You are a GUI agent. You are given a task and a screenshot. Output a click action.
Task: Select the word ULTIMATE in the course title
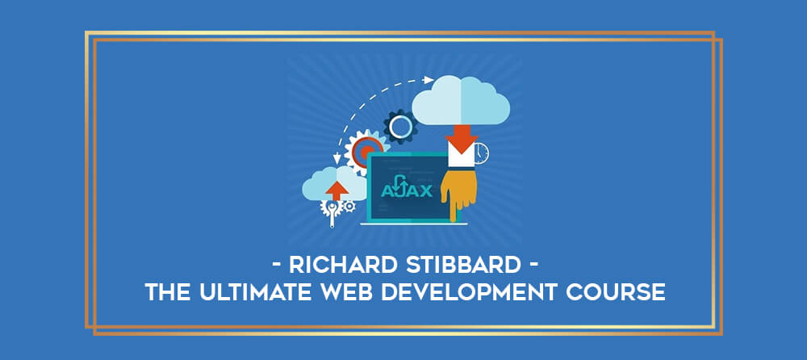pyautogui.click(x=253, y=292)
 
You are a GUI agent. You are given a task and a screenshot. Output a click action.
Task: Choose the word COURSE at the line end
pyautogui.click(x=613, y=292)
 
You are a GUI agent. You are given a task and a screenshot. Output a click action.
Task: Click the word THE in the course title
pyautogui.click(x=165, y=292)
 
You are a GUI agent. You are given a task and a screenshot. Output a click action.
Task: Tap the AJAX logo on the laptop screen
pyautogui.click(x=407, y=189)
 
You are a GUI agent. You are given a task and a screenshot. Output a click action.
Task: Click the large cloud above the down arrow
pyautogui.click(x=461, y=101)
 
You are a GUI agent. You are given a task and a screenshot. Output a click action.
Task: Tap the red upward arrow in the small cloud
pyautogui.click(x=337, y=190)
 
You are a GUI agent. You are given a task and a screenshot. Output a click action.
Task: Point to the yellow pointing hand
pyautogui.click(x=458, y=191)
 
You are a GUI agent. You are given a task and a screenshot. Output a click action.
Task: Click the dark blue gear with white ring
pyautogui.click(x=400, y=127)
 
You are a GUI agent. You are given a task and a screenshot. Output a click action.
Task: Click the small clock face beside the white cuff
pyautogui.click(x=481, y=153)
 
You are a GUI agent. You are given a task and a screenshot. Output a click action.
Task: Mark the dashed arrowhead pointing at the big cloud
pyautogui.click(x=429, y=79)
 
